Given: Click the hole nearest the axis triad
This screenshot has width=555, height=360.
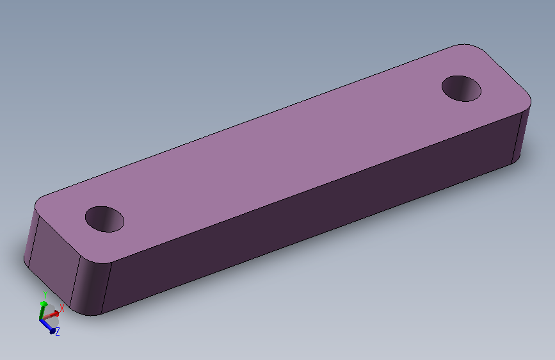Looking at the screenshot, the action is (x=105, y=219).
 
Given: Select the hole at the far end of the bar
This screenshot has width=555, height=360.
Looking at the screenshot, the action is (x=462, y=88).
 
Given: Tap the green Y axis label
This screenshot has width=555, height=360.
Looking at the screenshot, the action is (x=45, y=295).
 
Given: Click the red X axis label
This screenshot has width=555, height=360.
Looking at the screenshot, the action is (x=62, y=308).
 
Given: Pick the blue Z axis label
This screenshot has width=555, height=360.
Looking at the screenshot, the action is (x=58, y=332).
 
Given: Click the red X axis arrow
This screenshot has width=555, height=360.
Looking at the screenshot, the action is (x=51, y=315).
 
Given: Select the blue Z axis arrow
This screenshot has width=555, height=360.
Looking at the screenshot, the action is (x=47, y=326).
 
